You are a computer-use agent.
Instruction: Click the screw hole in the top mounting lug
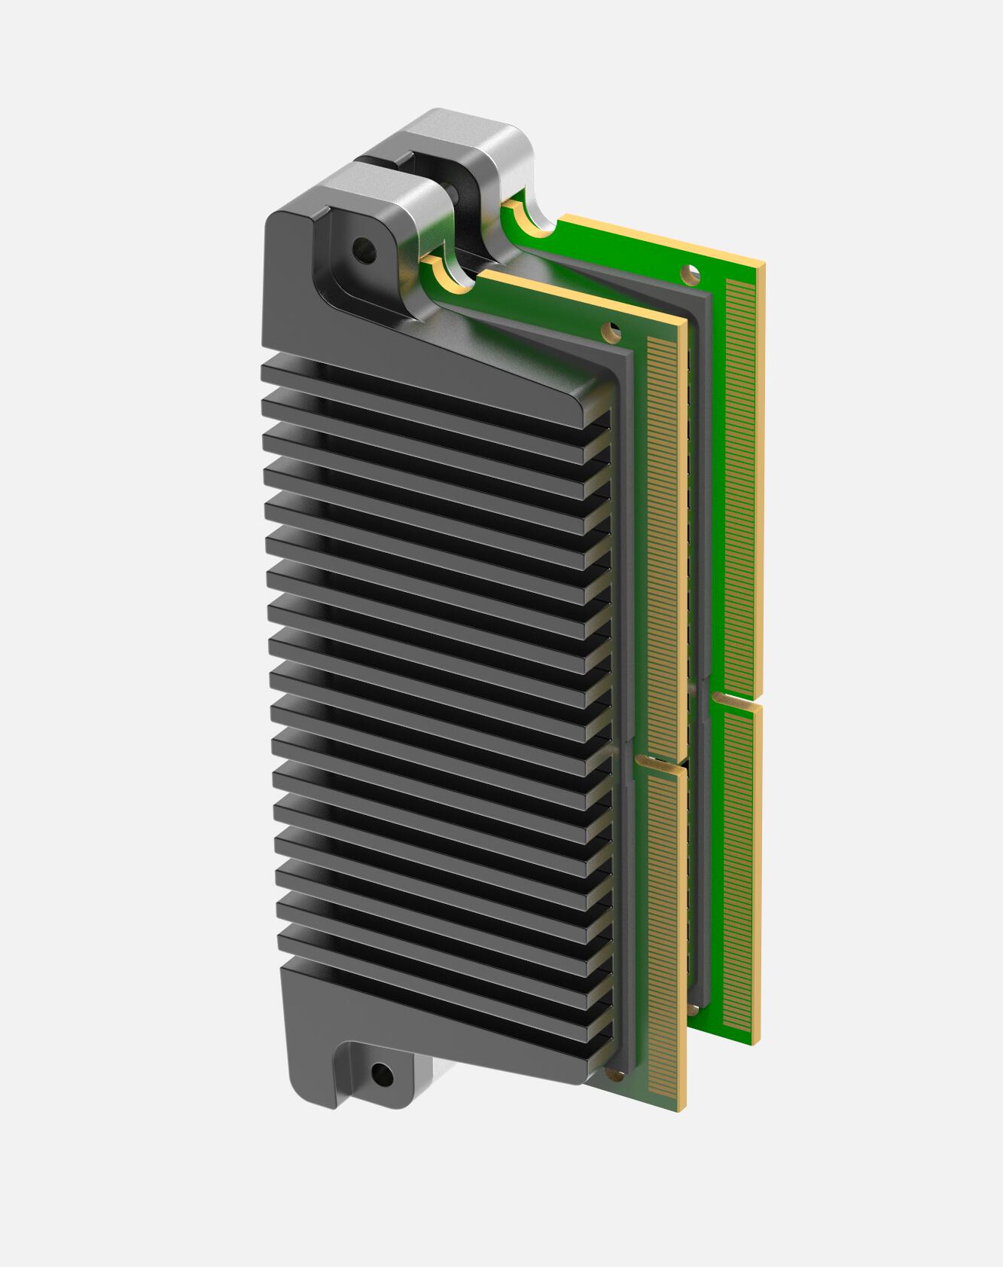click(x=362, y=246)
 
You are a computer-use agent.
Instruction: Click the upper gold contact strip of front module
click(x=663, y=542)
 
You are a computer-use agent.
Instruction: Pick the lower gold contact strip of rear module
click(x=738, y=866)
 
